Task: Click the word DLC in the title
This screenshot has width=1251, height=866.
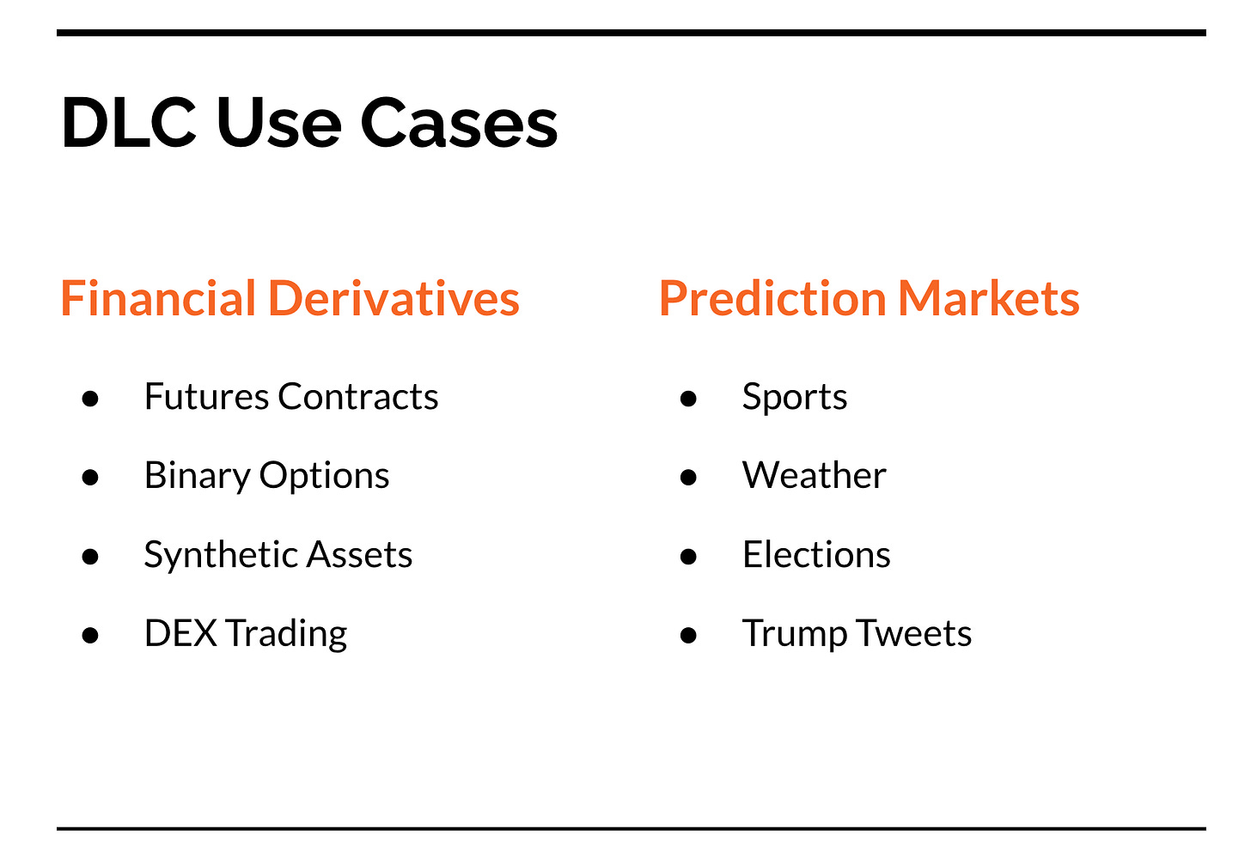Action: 129,122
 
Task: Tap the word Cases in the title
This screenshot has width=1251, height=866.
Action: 459,122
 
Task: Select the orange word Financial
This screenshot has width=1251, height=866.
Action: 158,298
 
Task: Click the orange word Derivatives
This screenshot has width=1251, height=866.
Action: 394,298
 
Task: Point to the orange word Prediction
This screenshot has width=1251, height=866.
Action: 772,298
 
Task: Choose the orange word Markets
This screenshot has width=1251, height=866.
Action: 988,298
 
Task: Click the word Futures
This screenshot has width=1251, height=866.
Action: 206,396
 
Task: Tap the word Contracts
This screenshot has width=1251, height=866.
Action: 358,396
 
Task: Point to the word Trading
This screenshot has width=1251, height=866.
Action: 287,635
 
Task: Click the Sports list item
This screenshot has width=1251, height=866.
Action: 795,398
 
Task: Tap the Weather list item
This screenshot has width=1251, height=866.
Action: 815,475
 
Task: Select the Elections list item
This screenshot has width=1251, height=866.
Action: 816,554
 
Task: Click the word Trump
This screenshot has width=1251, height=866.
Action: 794,635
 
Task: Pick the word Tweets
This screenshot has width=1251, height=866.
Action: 913,633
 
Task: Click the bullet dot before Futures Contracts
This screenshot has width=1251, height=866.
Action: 90,399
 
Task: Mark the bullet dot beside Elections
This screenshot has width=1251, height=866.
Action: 688,557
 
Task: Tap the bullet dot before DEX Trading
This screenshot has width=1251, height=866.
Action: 90,636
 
